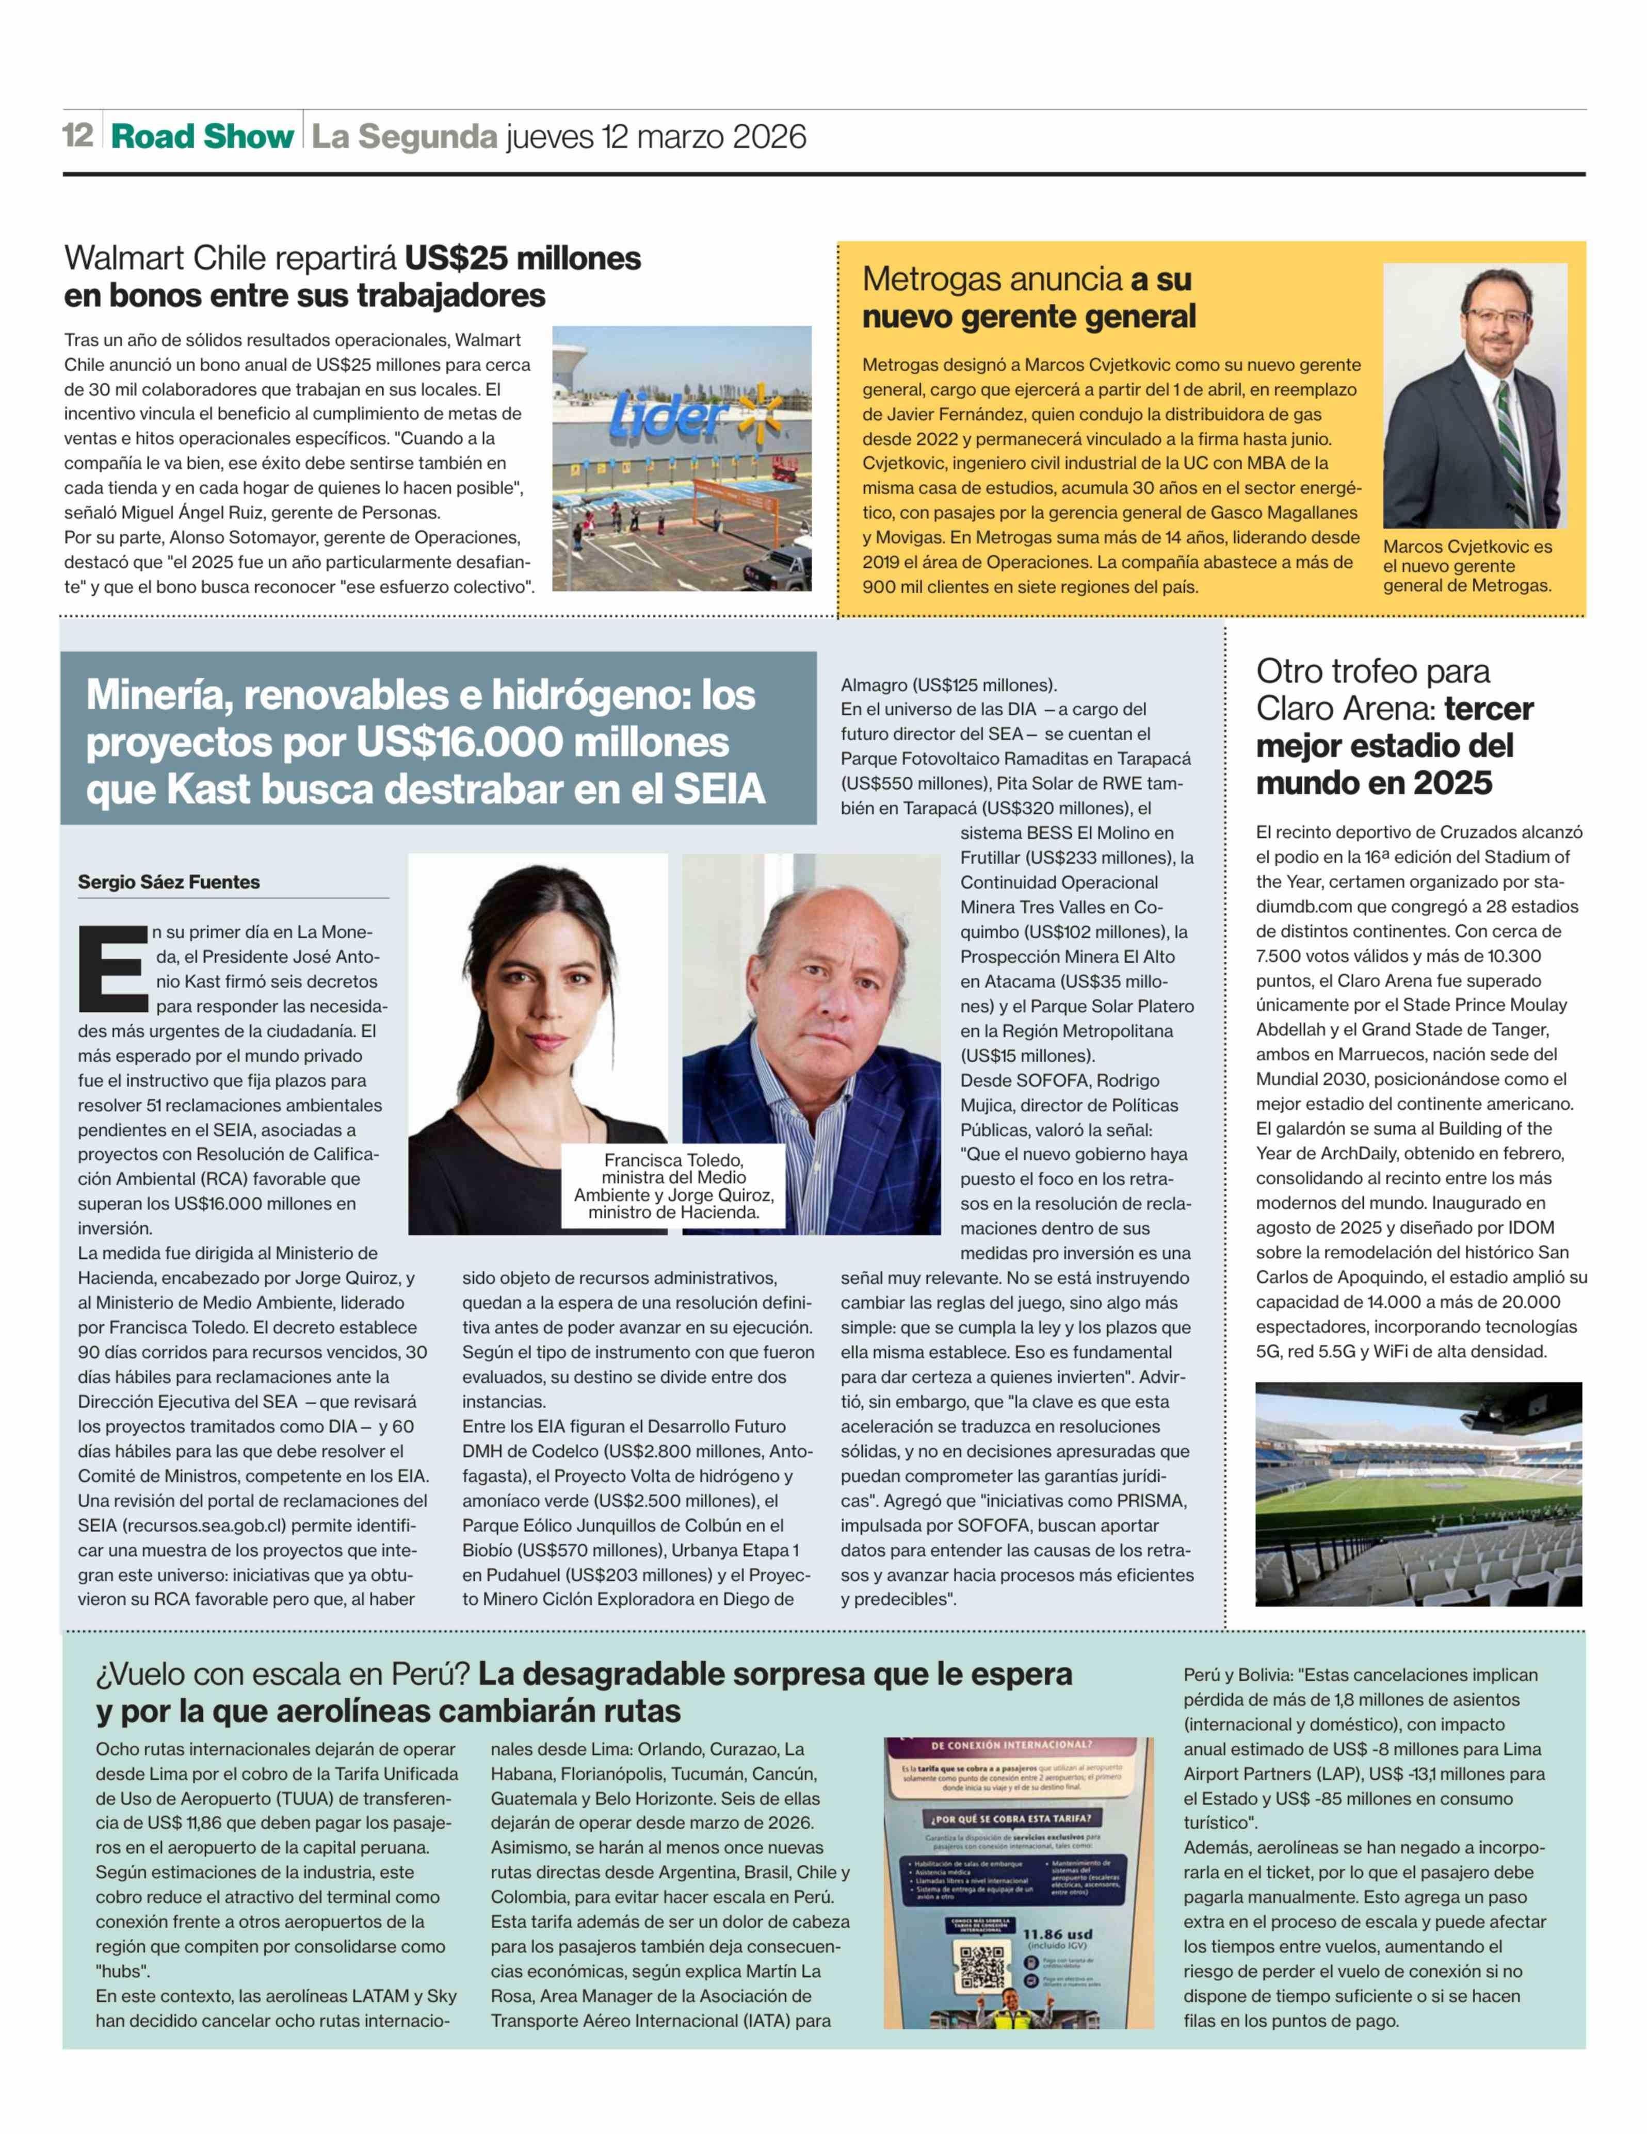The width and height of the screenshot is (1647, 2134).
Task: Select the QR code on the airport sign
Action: [982, 1966]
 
